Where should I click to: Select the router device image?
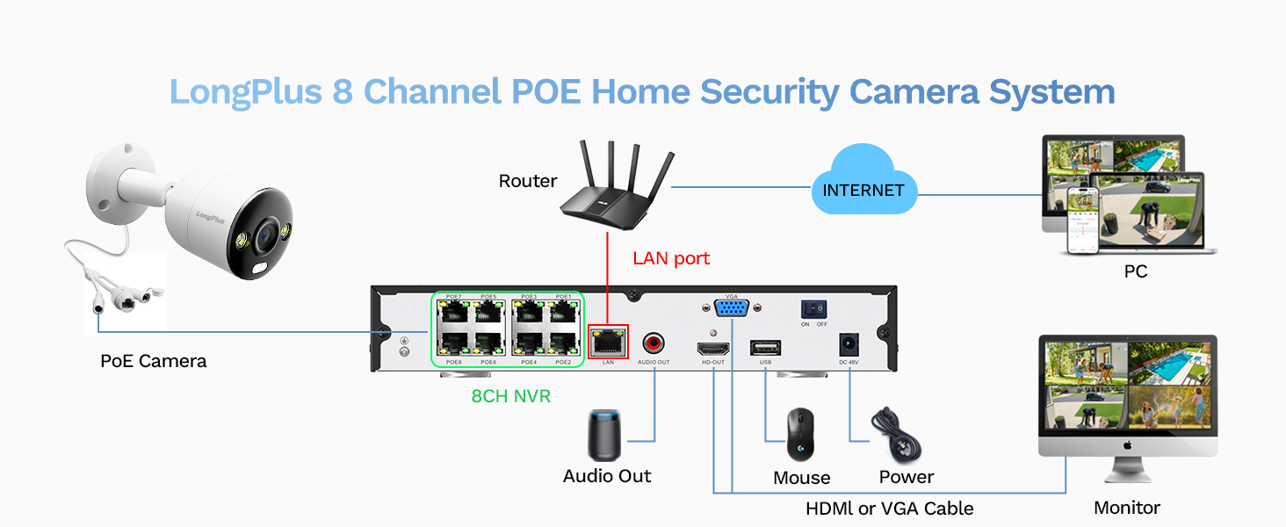615,193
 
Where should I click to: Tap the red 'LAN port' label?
671,258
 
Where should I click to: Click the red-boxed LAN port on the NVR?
608,341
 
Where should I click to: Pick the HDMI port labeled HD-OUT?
712,347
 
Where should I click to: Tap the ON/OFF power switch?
813,310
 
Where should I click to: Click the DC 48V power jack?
849,343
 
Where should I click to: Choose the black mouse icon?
800,435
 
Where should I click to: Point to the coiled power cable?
897,435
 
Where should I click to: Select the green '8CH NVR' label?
510,396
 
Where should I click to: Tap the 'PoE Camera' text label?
153,361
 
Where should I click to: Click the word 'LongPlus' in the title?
245,91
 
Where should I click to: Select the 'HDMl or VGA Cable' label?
889,509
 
